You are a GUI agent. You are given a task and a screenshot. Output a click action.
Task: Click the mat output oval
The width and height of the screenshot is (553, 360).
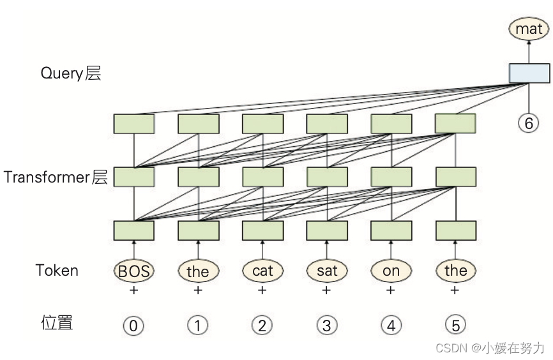pos(529,28)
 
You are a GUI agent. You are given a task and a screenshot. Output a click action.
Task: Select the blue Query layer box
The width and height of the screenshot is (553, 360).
pos(529,73)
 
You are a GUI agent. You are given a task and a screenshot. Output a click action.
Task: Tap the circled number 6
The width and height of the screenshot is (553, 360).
pos(529,123)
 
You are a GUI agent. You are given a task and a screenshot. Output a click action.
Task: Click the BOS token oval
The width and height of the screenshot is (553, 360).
pos(134,271)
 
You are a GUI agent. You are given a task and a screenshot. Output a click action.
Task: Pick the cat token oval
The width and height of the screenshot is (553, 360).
pos(262,271)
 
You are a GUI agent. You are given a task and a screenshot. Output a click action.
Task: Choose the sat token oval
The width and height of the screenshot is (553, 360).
pos(327,271)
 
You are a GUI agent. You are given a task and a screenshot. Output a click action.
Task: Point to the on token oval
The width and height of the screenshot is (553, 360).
pos(391,271)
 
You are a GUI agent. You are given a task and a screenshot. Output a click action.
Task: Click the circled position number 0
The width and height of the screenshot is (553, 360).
pos(133,326)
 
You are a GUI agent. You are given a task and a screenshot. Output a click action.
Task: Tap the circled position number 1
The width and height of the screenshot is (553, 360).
pos(198,326)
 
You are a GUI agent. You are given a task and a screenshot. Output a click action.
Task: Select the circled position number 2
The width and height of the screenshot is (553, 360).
pos(262,326)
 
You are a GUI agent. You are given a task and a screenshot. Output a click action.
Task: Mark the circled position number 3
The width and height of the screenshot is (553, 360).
pos(327,326)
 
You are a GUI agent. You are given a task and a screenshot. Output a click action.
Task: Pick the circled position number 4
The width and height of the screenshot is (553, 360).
pos(391,326)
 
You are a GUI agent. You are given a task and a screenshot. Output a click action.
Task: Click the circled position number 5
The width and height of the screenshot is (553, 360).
pos(455,326)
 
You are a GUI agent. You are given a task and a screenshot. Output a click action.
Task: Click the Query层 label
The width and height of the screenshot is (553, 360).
pos(71,73)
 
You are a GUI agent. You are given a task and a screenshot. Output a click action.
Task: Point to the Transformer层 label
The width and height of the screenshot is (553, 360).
pos(56,177)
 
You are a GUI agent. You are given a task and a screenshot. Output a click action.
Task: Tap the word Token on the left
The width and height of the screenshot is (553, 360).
pos(57,270)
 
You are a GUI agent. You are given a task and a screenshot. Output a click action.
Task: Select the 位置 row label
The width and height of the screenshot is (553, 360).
pos(57,323)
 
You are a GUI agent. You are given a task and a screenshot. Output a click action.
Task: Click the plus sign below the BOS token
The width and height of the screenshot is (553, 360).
pos(134,290)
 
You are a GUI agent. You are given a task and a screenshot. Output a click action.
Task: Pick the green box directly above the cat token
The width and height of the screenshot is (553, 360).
pos(262,230)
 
